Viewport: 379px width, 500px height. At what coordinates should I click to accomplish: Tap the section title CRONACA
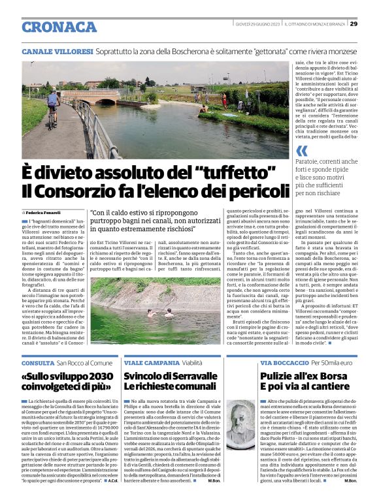[x=59, y=27]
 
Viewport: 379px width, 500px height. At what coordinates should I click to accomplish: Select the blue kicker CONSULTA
[x=37, y=362]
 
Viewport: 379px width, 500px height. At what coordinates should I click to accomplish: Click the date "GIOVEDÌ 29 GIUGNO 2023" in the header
[x=257, y=24]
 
